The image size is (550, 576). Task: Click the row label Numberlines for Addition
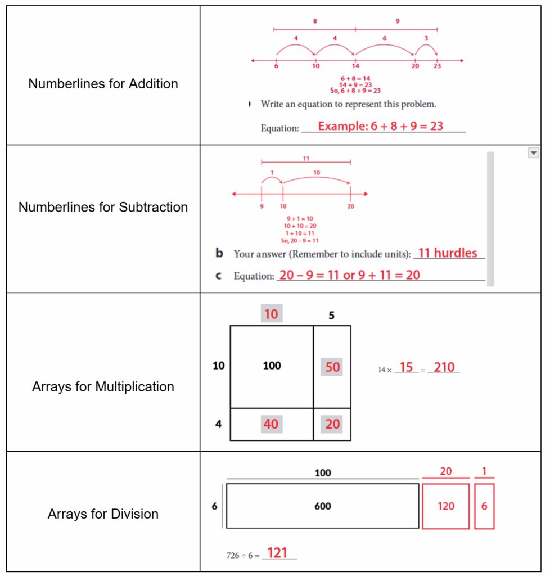click(x=103, y=84)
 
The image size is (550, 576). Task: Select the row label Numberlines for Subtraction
click(x=103, y=207)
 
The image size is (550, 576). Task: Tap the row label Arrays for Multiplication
click(x=103, y=387)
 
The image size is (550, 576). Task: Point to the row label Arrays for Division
click(x=103, y=514)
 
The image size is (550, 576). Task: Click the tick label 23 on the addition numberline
click(x=437, y=66)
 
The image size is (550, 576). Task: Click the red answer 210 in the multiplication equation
click(x=444, y=368)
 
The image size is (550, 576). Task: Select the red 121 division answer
click(x=277, y=553)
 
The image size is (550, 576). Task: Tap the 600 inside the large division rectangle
click(x=322, y=506)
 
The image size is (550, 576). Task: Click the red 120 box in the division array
click(x=445, y=506)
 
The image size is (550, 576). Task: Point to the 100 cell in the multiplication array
click(x=272, y=366)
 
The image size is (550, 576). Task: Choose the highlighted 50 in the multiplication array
click(x=332, y=367)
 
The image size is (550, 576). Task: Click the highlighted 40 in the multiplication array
click(x=271, y=424)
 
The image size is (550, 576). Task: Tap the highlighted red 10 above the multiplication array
click(x=271, y=314)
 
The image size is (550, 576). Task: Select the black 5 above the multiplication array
click(x=331, y=316)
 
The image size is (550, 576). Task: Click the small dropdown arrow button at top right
click(x=533, y=153)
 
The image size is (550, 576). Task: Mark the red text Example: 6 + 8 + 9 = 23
click(x=381, y=127)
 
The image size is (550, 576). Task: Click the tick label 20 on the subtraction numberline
click(x=350, y=206)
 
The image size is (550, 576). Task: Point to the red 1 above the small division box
click(x=484, y=471)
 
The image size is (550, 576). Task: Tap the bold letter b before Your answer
click(x=219, y=254)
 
